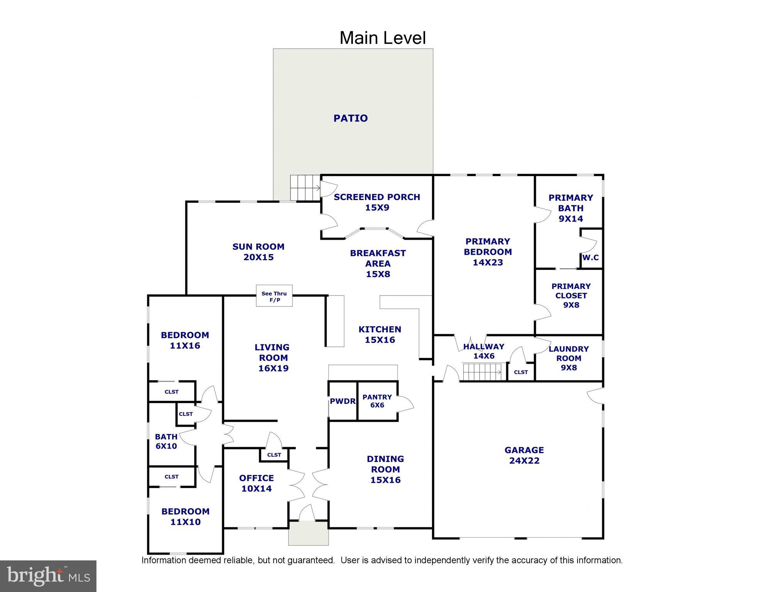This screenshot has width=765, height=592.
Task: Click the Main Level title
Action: pos(382,38)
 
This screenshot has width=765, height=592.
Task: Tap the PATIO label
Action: pos(350,118)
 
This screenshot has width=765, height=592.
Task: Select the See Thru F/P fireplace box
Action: pos(274,296)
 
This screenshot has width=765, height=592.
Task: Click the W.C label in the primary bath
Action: pos(591,257)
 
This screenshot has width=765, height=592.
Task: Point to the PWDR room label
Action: pos(342,401)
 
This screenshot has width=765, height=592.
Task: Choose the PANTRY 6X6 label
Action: pos(377,401)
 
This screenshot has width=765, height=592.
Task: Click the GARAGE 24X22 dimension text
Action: pos(524,461)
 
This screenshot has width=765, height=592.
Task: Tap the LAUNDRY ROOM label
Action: pos(569,358)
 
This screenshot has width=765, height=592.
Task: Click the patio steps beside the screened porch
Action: pos(305,188)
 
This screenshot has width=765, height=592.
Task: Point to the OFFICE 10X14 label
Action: pos(256,483)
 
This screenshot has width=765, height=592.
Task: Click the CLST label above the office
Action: pos(274,455)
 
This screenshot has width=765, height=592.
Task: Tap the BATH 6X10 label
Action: pos(166,441)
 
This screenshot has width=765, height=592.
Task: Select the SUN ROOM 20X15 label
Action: pos(258,252)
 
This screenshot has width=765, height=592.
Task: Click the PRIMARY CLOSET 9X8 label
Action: pos(571,295)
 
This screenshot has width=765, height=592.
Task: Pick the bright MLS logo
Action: pos(48,576)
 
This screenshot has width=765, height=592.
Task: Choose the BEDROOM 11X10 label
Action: pos(185,516)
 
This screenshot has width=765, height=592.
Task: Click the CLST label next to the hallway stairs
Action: pos(521,372)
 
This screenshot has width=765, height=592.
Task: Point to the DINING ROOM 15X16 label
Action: pos(385,469)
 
